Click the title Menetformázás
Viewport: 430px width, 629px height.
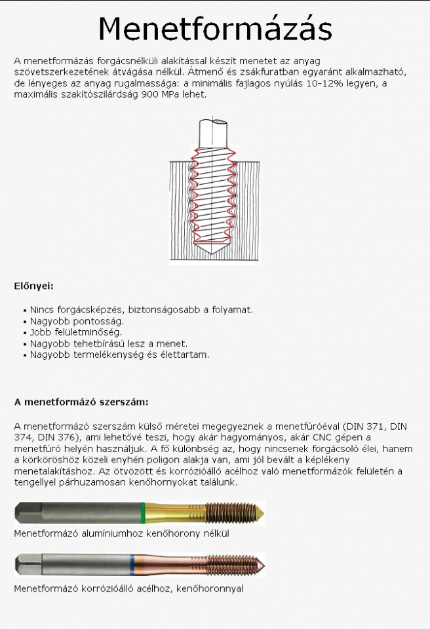tap(215, 28)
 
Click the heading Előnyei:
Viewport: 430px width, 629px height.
tap(33, 286)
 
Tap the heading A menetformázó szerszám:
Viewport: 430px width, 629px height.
tap(81, 401)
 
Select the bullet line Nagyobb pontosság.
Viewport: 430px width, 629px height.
tap(77, 321)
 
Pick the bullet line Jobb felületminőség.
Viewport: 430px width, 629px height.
tap(76, 332)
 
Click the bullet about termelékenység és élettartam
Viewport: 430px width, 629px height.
tap(120, 354)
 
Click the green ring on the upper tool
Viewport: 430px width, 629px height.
tap(144, 512)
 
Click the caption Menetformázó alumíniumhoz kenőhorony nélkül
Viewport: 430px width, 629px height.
tap(121, 533)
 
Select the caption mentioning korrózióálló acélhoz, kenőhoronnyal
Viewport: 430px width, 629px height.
tap(128, 588)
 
